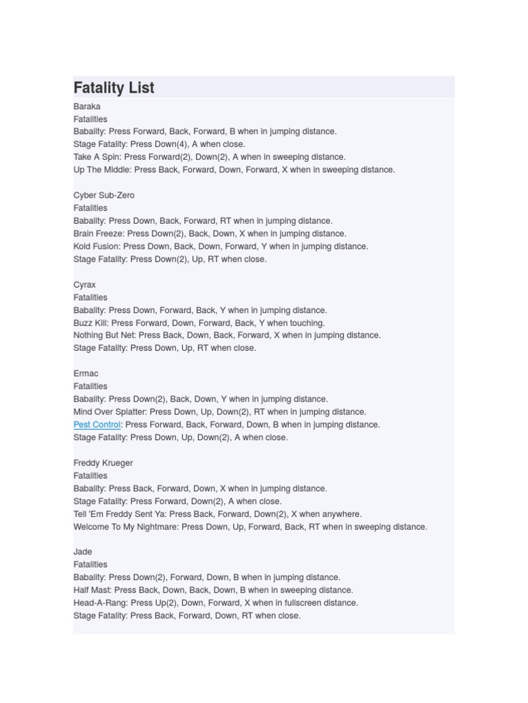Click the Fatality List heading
point(114,88)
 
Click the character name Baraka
point(87,106)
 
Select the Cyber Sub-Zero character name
point(104,195)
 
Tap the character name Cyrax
point(85,284)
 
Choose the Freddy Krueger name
point(103,463)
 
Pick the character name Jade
point(82,551)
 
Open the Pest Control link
point(97,424)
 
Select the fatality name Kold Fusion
point(96,246)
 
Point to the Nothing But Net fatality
point(104,335)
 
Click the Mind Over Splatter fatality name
point(110,412)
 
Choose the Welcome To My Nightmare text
point(126,527)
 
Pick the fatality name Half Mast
point(92,590)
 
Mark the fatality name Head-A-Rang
point(100,603)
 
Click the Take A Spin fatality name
point(97,157)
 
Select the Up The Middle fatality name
point(102,170)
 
